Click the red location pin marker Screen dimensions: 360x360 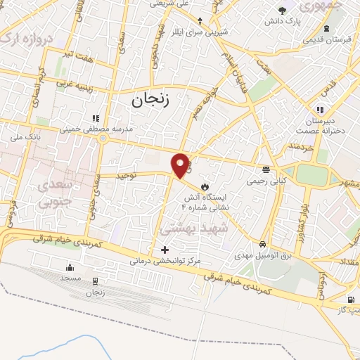(x=181, y=165)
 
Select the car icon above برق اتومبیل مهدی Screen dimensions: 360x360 (x=262, y=243)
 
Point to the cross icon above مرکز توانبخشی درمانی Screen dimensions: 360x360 (x=165, y=249)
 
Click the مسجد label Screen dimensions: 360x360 (x=70, y=279)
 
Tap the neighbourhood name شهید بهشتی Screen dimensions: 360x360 (x=195, y=229)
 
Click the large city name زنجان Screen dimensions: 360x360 (x=150, y=101)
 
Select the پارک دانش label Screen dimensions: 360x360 (x=282, y=22)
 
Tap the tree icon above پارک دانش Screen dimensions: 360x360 (x=282, y=10)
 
